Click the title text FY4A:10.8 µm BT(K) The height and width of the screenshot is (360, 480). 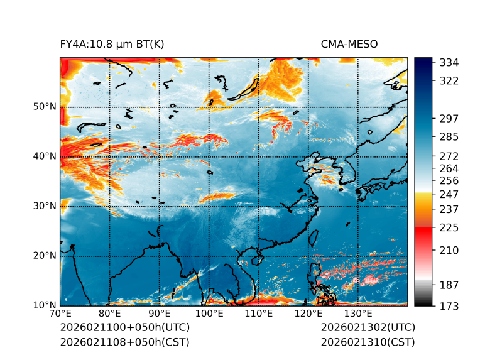click(x=112, y=44)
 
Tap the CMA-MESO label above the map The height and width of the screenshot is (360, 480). click(x=349, y=44)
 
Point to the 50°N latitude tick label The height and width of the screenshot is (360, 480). click(x=45, y=106)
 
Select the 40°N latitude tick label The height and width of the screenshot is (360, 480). click(x=45, y=156)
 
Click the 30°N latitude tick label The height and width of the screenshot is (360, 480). click(x=45, y=205)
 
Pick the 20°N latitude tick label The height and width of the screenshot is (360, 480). click(x=45, y=255)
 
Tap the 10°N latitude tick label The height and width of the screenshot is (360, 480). click(x=45, y=305)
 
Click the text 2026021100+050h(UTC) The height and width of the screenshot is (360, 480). click(x=124, y=328)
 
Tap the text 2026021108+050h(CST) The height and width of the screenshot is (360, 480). click(x=124, y=342)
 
